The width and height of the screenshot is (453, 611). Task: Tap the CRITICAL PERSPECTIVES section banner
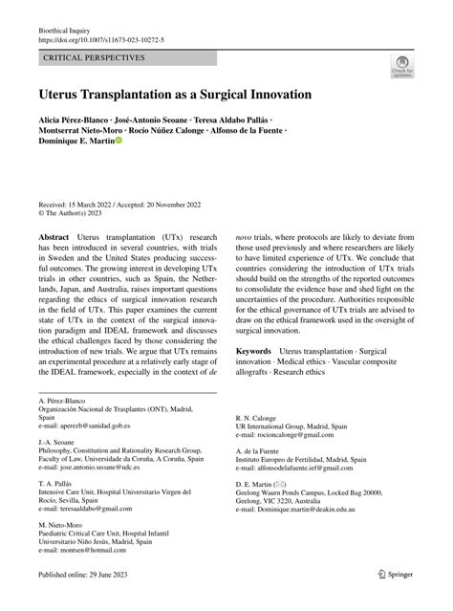coord(87,59)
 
